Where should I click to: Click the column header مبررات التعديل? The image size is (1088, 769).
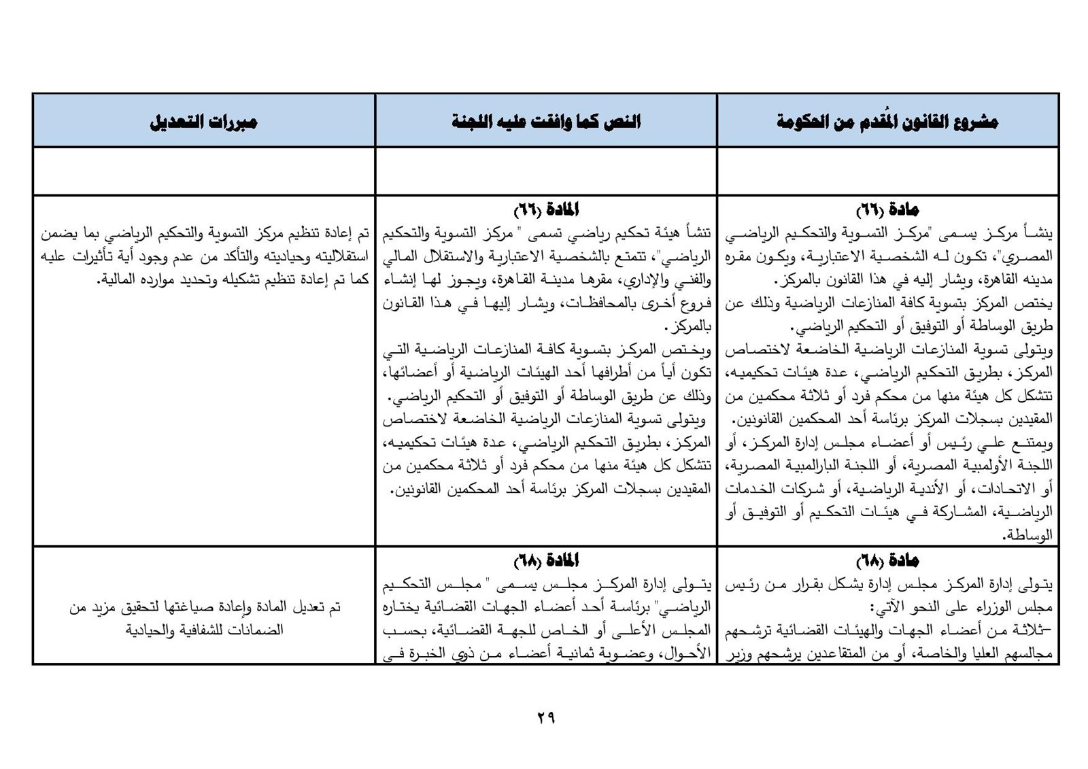[x=203, y=122]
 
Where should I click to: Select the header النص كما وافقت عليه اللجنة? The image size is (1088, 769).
[x=546, y=122]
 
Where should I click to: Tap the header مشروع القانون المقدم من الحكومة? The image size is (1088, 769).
[x=887, y=122]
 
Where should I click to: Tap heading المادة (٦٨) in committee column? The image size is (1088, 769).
[x=546, y=561]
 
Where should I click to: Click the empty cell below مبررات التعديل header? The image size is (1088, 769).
[x=203, y=171]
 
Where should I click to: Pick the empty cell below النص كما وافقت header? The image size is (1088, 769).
[x=546, y=171]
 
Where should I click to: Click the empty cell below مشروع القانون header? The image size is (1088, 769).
[x=887, y=171]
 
